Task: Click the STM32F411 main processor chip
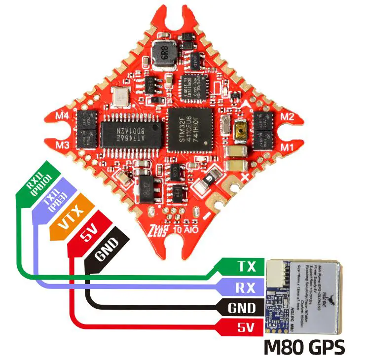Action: pos(190,130)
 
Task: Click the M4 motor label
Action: pos(63,116)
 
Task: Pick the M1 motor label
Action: pos(288,146)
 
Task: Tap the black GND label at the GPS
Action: pos(241,308)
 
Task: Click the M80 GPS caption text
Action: pos(304,347)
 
